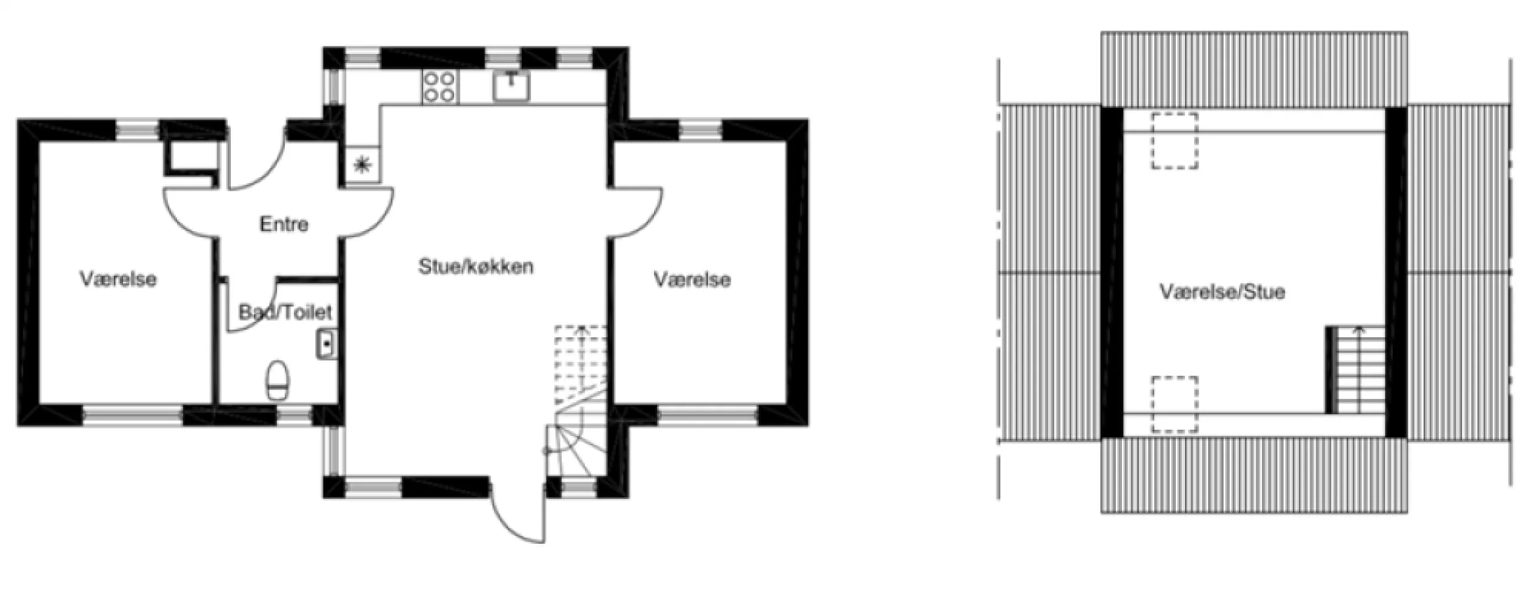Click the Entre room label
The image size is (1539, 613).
point(284,224)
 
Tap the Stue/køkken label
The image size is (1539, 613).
point(475,267)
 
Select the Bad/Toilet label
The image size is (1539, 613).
point(285,313)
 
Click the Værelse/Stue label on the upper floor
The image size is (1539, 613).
point(1222,292)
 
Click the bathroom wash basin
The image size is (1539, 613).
point(327,344)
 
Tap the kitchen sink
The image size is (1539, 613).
point(511,86)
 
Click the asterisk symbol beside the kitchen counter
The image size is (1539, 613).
point(363,164)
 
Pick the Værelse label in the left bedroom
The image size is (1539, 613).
point(118,280)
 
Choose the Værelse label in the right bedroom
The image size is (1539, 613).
point(692,280)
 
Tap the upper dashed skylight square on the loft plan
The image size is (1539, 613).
point(1174,141)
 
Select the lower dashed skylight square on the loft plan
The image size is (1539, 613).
point(1174,404)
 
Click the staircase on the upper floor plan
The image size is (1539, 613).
point(1358,371)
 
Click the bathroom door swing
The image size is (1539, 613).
point(251,306)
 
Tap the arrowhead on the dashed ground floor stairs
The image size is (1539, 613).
point(581,331)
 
